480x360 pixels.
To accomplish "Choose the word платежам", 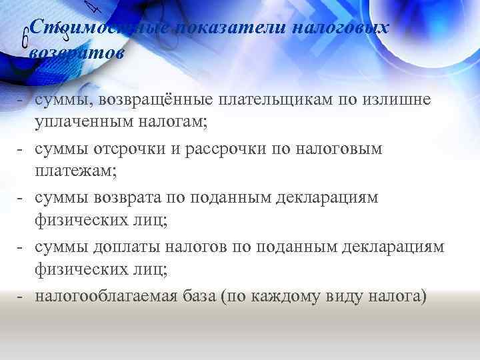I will point(75,171).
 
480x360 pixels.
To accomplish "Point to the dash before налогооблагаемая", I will point(23,295).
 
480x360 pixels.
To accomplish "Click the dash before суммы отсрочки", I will point(23,148).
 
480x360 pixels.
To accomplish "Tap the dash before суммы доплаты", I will point(23,247).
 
